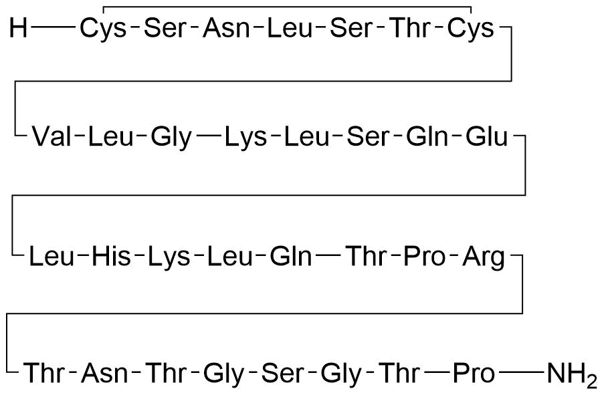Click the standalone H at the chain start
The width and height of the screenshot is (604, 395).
18,28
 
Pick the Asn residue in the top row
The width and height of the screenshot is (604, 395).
227,29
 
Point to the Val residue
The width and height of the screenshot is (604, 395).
52,136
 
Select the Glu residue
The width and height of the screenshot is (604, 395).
487,136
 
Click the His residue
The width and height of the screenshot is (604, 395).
111,257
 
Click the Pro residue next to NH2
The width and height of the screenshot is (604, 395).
474,373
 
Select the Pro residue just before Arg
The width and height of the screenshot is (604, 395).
424,257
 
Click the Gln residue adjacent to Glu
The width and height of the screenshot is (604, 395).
427,136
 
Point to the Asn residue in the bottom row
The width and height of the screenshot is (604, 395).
104,373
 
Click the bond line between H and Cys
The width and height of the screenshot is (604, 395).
54,27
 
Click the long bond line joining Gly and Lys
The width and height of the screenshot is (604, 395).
209,136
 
